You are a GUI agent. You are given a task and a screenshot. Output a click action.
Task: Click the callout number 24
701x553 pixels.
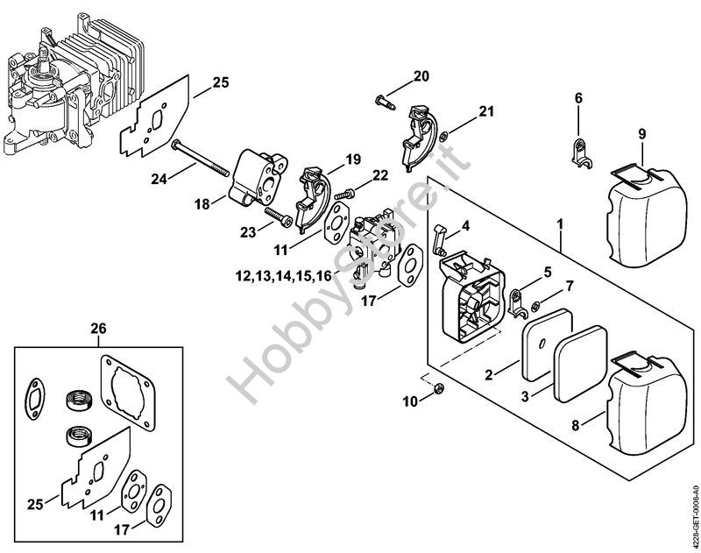tap(158, 179)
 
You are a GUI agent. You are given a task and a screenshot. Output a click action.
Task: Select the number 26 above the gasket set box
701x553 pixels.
tap(98, 329)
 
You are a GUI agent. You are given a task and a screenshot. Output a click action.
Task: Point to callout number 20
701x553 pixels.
tap(421, 75)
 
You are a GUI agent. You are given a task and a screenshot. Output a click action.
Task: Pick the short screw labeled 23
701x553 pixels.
tap(277, 216)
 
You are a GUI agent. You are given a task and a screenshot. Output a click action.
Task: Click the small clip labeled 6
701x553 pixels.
tap(578, 152)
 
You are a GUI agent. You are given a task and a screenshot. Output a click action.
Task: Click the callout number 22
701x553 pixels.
tap(379, 174)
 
